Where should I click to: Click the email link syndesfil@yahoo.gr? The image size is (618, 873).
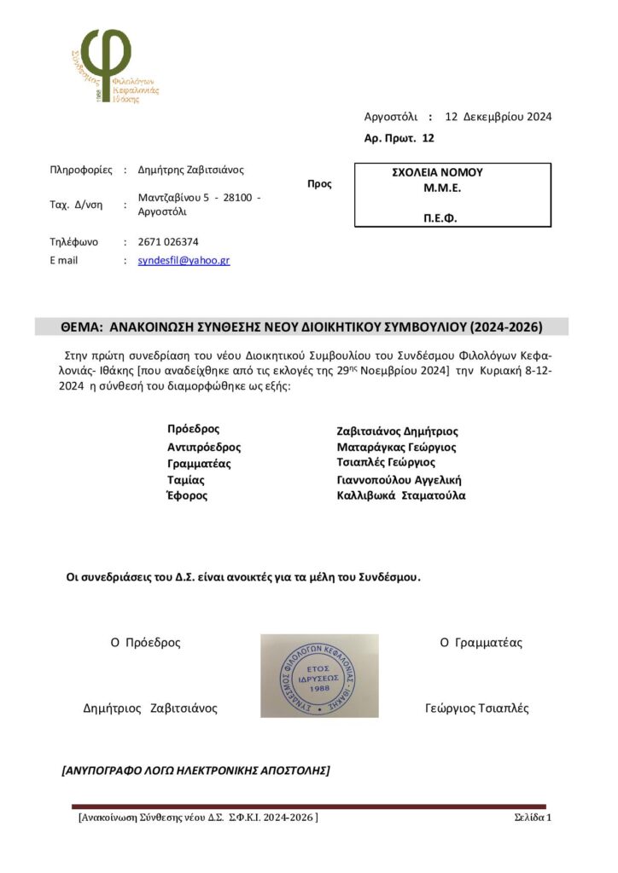184,260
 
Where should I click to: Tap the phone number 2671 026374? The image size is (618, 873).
168,241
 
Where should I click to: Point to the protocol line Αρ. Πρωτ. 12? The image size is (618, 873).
399,137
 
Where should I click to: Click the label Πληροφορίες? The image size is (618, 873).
81,170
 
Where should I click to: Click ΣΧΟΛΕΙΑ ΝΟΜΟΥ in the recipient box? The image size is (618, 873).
437,172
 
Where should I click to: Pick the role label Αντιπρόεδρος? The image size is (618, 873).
204,447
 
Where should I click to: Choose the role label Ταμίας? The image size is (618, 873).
185,480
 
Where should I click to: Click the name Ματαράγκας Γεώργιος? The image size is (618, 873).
396,447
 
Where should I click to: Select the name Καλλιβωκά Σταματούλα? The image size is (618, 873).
401,495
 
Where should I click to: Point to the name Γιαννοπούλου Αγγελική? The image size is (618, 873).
399,480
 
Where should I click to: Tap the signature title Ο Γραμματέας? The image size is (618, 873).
481,643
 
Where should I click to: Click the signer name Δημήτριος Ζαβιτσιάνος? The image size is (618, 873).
149,708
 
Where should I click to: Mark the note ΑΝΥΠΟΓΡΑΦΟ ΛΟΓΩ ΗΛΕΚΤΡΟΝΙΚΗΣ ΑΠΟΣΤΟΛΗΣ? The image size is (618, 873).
195,770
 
